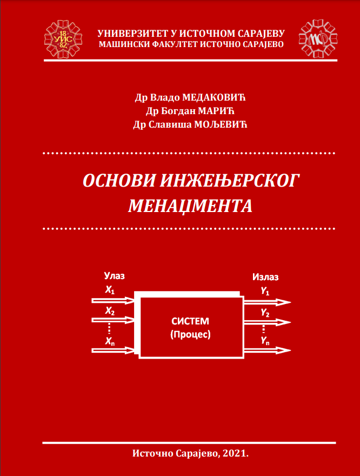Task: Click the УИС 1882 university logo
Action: [x=63, y=39]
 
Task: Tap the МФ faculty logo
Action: [x=318, y=39]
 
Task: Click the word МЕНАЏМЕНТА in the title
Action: [x=190, y=207]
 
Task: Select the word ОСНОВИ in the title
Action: [x=119, y=181]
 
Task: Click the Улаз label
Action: [x=115, y=276]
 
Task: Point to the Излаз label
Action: [x=265, y=277]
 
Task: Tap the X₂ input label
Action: [x=110, y=311]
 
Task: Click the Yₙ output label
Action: [x=265, y=341]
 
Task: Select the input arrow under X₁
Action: [x=113, y=301]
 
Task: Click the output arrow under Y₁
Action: [x=268, y=302]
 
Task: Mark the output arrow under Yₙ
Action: [x=268, y=351]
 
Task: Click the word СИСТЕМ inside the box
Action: [x=190, y=321]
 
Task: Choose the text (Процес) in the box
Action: [x=190, y=335]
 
